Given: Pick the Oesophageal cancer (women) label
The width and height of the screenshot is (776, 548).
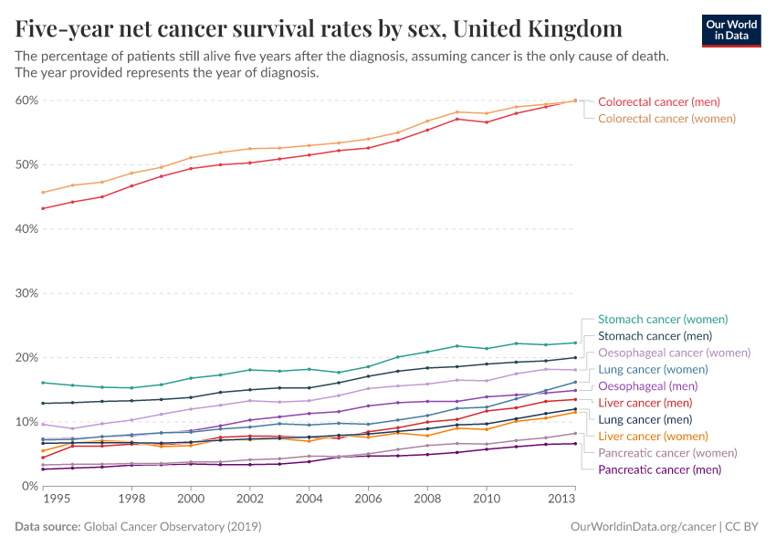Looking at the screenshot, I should coord(674,353).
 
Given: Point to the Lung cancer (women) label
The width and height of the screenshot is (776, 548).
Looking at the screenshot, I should coord(654,369).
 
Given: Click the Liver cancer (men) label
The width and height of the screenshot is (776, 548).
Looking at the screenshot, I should coord(645,403).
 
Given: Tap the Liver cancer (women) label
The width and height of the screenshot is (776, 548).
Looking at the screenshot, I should coord(652,436).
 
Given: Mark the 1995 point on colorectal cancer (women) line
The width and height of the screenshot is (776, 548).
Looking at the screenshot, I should coord(43,192).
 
